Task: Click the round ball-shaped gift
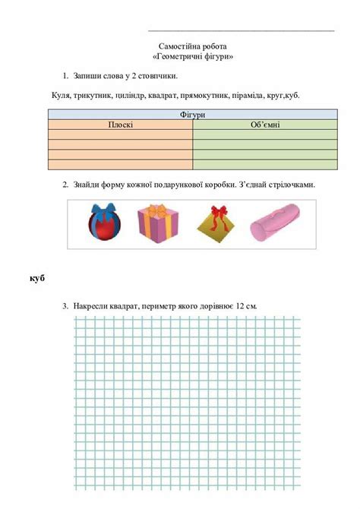click(x=103, y=226)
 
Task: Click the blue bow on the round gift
click(x=103, y=210)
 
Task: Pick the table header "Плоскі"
click(x=120, y=124)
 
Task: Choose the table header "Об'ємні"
click(x=264, y=124)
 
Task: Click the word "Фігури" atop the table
click(x=193, y=114)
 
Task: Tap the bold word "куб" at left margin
click(x=37, y=279)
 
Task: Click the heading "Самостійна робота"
click(x=193, y=46)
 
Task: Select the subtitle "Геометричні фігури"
click(x=193, y=57)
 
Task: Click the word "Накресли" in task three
click(x=92, y=305)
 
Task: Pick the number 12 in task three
click(x=240, y=305)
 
